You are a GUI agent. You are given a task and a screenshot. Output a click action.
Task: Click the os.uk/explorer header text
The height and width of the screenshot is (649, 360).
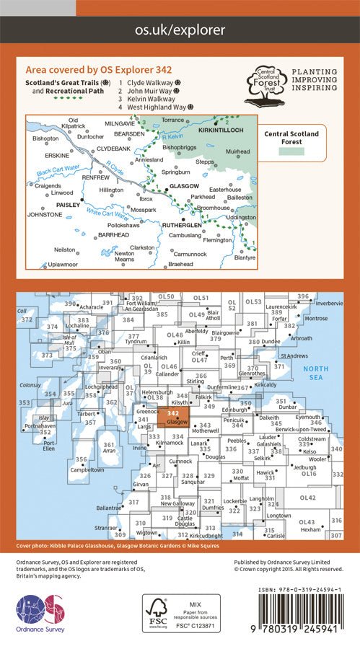click(x=180, y=30)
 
